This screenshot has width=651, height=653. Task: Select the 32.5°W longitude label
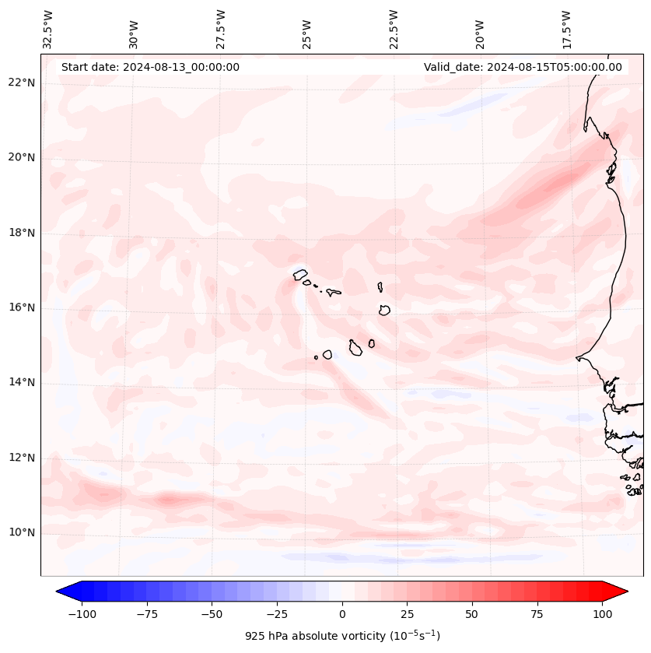49,29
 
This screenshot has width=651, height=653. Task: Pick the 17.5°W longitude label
567,29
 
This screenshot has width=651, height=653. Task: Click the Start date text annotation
150,67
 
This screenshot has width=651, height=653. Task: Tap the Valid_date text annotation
523,67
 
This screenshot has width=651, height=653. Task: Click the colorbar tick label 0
342,614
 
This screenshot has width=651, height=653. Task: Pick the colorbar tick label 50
472,614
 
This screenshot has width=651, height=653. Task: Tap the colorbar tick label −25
276,614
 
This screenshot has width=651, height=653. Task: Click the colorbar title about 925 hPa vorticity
342,636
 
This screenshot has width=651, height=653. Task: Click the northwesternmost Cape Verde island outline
300,274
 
